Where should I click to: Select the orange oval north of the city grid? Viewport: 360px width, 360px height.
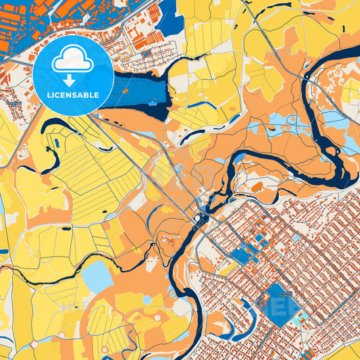click(257, 186)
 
